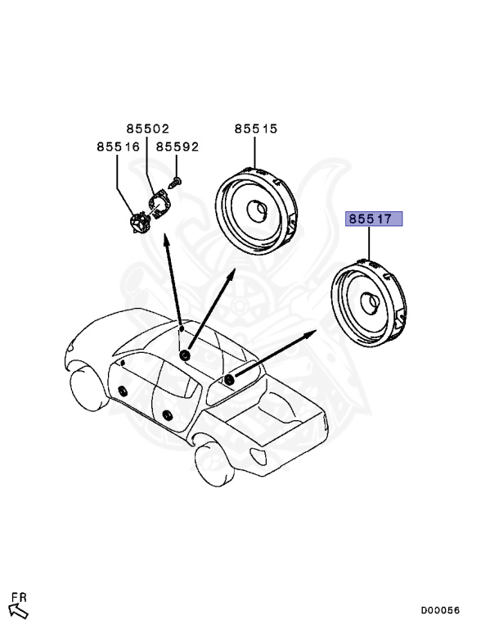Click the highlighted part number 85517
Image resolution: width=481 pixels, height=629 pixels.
point(371,219)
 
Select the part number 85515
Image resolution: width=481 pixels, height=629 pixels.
point(256,129)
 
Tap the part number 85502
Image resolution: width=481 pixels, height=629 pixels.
point(147,129)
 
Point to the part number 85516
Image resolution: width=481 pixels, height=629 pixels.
point(118,147)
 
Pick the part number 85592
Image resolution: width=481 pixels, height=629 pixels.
point(178,147)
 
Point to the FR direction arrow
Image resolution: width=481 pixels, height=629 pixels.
point(17,609)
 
